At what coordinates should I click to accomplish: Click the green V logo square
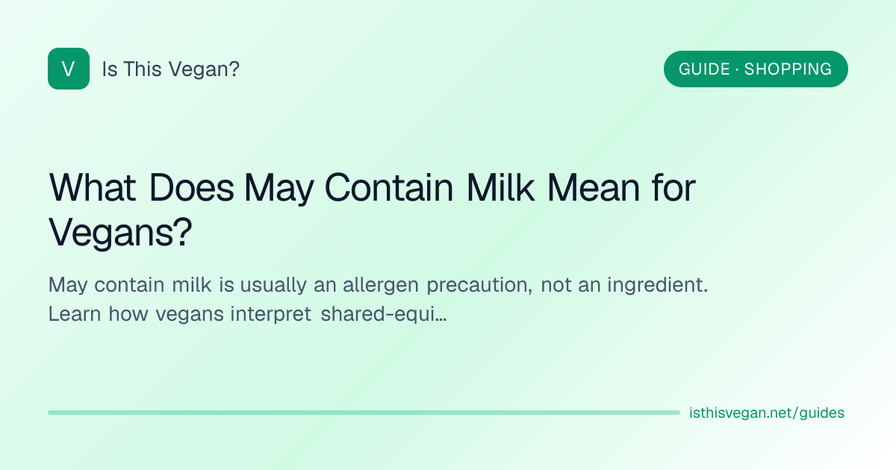[x=69, y=69]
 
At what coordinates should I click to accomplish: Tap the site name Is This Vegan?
[x=171, y=69]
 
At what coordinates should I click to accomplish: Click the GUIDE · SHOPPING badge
[x=756, y=69]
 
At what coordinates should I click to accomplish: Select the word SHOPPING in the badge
[x=788, y=69]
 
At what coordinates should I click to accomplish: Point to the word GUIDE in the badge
[x=704, y=69]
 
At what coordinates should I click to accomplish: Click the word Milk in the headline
[x=500, y=187]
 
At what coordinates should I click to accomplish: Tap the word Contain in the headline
[x=389, y=187]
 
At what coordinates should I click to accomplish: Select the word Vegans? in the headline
[x=120, y=232]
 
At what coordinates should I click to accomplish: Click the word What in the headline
[x=92, y=187]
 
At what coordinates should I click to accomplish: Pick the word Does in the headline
[x=192, y=187]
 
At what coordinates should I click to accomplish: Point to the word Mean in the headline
[x=594, y=187]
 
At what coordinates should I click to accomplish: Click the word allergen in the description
[x=380, y=285]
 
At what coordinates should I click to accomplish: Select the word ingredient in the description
[x=658, y=285]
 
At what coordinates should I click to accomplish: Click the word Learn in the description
[x=75, y=314]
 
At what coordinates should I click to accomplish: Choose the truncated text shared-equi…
[x=383, y=315]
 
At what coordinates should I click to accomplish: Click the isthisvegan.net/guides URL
[x=766, y=413]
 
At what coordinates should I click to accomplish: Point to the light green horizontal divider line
[x=364, y=413]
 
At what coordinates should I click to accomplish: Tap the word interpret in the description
[x=270, y=315]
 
